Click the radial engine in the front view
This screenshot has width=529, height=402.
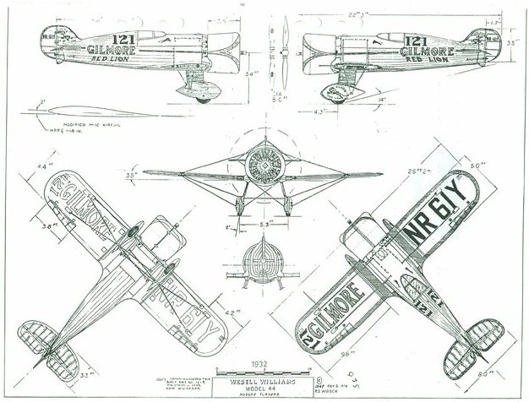point(264,166)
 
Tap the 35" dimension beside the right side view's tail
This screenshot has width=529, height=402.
point(512,64)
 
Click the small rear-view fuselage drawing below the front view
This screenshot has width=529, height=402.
point(264,262)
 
